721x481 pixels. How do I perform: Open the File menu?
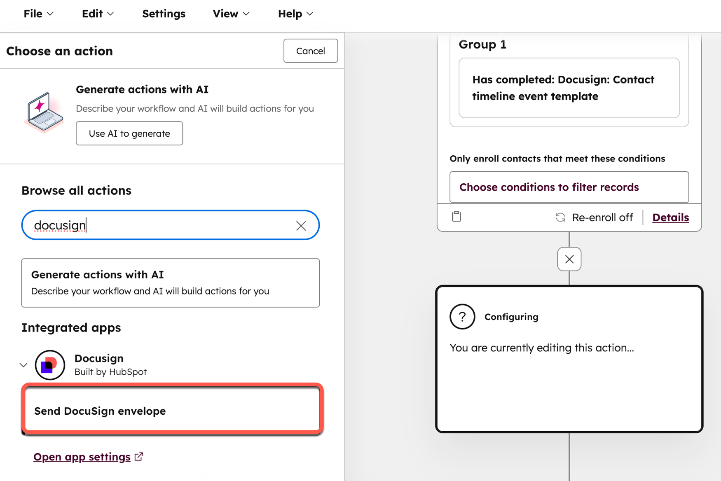tap(38, 14)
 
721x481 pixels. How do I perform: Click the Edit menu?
tap(98, 14)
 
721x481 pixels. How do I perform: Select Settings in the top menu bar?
tap(164, 14)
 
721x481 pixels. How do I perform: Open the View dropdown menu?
tap(231, 14)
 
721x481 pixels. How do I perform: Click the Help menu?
tap(295, 14)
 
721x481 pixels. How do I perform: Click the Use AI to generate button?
tap(129, 133)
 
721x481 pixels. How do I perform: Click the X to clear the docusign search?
tap(301, 226)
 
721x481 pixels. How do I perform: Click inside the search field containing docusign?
tap(161, 225)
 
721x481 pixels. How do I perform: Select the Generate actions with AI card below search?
tap(171, 283)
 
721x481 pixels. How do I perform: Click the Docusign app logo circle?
tap(50, 365)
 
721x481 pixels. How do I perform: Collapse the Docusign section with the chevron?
tap(23, 365)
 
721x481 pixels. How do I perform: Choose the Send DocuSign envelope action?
tap(172, 411)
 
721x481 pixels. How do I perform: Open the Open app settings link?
tap(82, 457)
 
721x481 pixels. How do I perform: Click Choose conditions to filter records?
tap(569, 187)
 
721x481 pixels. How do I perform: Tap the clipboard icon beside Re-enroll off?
tap(456, 217)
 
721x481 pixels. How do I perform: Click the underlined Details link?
tap(670, 217)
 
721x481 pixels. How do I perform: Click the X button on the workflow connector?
tap(569, 259)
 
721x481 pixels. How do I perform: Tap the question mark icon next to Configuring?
tap(462, 317)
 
